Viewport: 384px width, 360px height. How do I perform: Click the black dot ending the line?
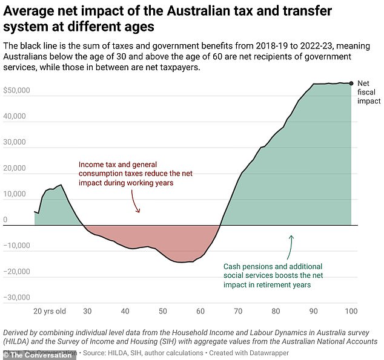click(x=351, y=83)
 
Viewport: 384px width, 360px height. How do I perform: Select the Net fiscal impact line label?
click(x=368, y=92)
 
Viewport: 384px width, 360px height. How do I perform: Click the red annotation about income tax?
click(x=125, y=173)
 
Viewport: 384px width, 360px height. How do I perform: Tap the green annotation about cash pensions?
click(x=273, y=275)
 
